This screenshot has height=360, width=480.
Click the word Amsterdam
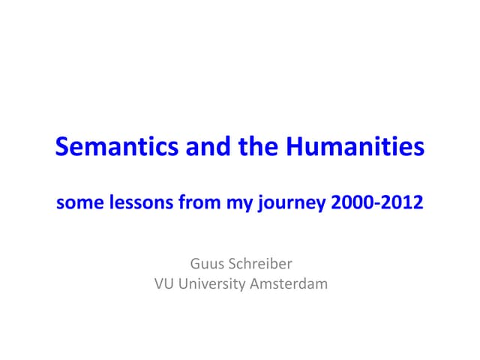click(291, 284)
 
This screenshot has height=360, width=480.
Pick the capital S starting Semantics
click(62, 147)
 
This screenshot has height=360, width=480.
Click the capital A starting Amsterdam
click(259, 284)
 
